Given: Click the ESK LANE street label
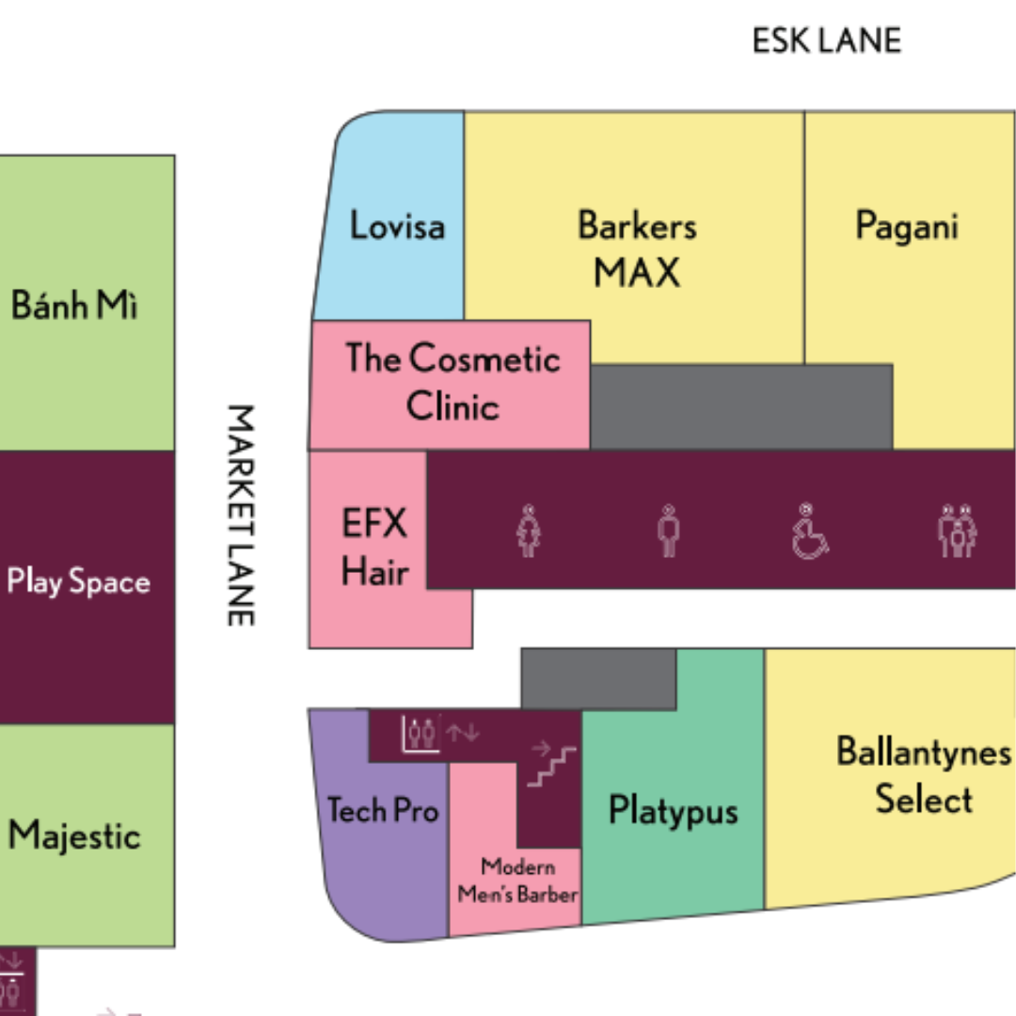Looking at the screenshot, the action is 826,40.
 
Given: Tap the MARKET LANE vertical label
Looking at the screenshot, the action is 241,516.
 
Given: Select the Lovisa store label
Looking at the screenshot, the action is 397,226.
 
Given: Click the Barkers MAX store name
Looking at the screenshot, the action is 637,248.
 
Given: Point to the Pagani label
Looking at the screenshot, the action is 907,227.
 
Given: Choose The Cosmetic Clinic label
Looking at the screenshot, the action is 452,382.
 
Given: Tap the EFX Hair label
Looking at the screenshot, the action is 374,548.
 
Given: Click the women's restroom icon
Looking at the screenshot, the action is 528,531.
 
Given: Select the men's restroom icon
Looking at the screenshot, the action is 668,531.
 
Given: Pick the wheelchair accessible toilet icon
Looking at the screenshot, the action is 809,531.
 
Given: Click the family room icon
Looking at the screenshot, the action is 957,531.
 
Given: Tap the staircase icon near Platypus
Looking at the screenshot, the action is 552,767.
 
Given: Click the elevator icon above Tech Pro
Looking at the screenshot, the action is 421,734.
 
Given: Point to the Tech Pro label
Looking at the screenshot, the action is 383,810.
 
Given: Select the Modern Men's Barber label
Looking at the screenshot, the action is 517,881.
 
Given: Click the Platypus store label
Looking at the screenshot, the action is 674,811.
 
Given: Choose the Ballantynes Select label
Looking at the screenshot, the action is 924,775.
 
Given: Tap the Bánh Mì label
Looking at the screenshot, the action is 74,304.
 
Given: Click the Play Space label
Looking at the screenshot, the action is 78,581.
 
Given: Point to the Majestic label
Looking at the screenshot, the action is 74,835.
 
